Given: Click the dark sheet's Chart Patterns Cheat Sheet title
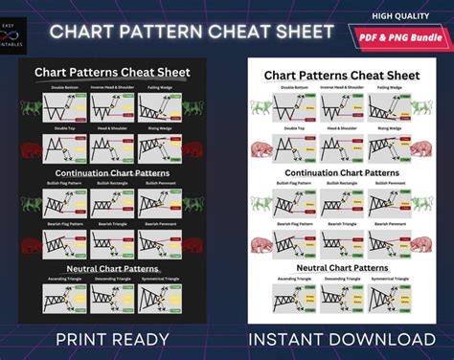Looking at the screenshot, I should (112, 72).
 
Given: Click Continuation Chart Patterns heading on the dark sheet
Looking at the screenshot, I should (112, 173).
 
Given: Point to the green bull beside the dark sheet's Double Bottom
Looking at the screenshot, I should (31, 104).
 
